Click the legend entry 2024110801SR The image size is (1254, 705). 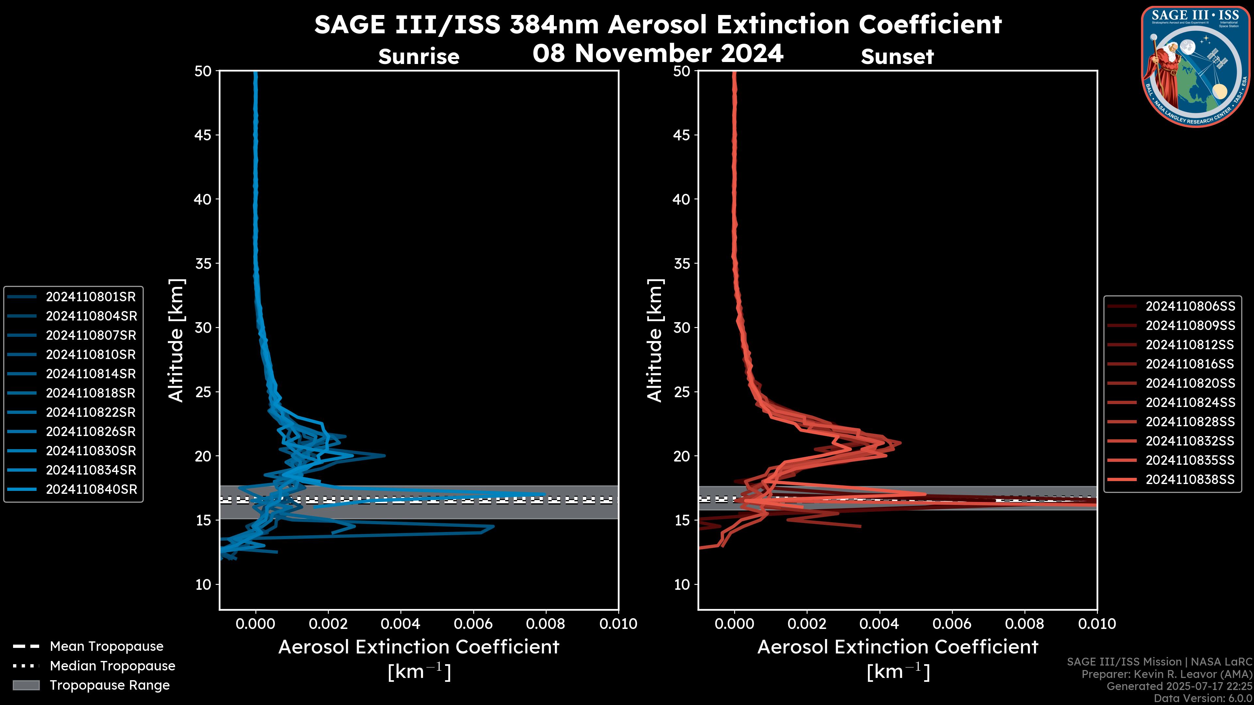[90, 297]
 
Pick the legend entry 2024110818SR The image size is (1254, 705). [90, 393]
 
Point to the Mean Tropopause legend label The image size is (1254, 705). [106, 647]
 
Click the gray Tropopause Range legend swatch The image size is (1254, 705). [26, 685]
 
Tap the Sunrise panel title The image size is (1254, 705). [419, 57]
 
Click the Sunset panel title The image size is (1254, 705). [897, 57]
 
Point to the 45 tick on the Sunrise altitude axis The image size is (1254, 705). [203, 135]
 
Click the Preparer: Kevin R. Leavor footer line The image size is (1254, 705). [1167, 674]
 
